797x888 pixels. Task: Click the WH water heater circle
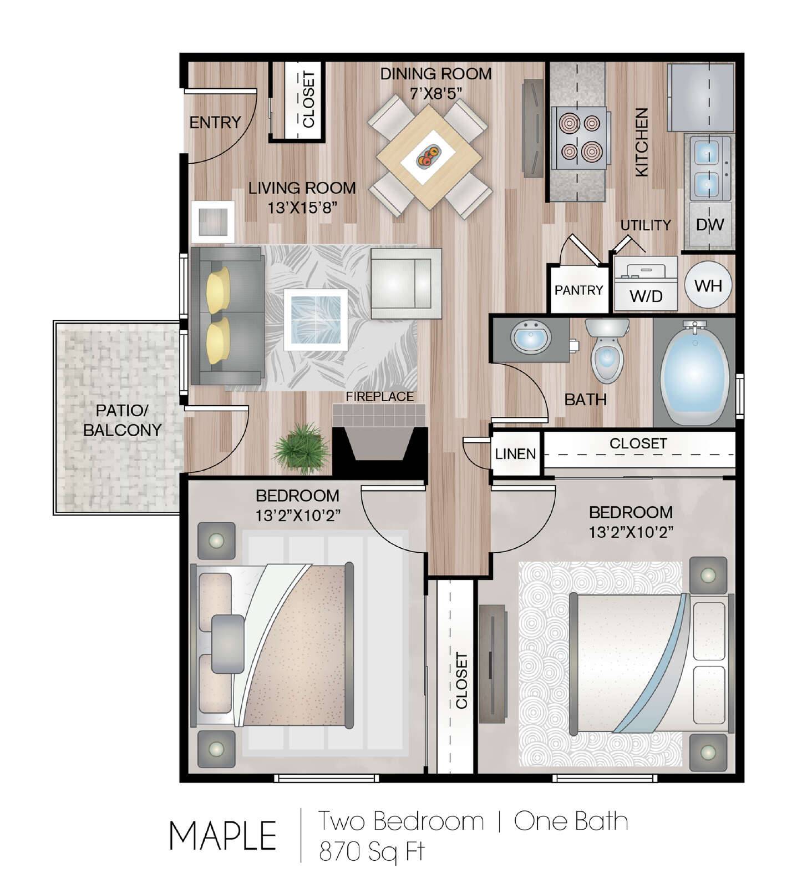point(708,285)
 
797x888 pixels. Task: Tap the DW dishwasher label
point(710,225)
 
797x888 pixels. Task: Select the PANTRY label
point(578,290)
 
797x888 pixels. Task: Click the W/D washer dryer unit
point(646,284)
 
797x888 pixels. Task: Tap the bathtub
point(695,372)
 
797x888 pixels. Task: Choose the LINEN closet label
point(516,454)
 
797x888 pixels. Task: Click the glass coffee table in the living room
point(316,320)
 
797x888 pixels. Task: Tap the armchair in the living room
point(406,283)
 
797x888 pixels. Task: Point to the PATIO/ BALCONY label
point(122,420)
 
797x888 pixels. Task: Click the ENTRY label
point(215,122)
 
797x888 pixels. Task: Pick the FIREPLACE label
point(380,396)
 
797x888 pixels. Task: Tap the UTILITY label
point(646,225)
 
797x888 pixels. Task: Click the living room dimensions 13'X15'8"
point(303,208)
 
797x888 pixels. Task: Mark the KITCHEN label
point(641,142)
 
